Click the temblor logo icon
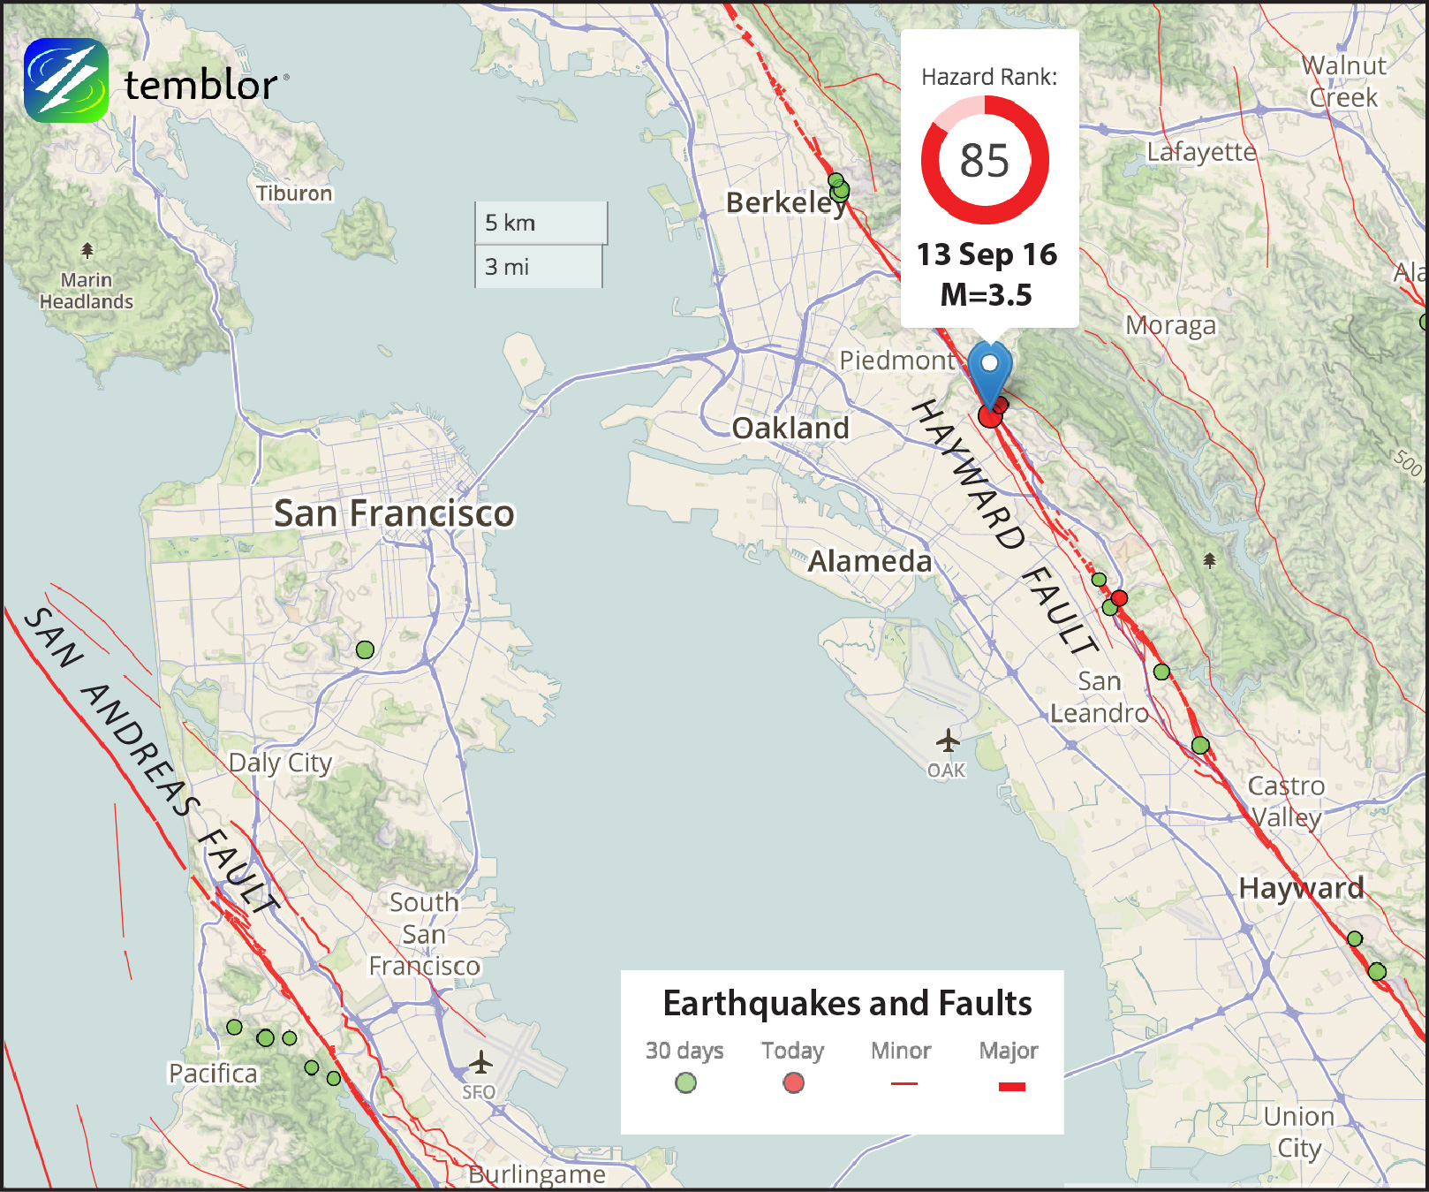pos(66,80)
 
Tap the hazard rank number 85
pos(985,161)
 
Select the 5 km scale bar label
pos(510,223)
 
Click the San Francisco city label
pos(394,513)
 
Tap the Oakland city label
pos(790,429)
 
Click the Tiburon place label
pos(294,194)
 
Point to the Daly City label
pos(280,763)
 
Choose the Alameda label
pos(870,561)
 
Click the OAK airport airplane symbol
pos(948,740)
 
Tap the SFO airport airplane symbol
pos(480,1061)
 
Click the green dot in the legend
pos(685,1082)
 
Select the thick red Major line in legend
pos(1011,1086)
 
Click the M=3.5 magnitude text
pos(987,294)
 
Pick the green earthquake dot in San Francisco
pos(365,650)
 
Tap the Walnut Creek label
pos(1343,81)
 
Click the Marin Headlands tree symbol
pos(87,250)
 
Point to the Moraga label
pos(1170,325)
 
